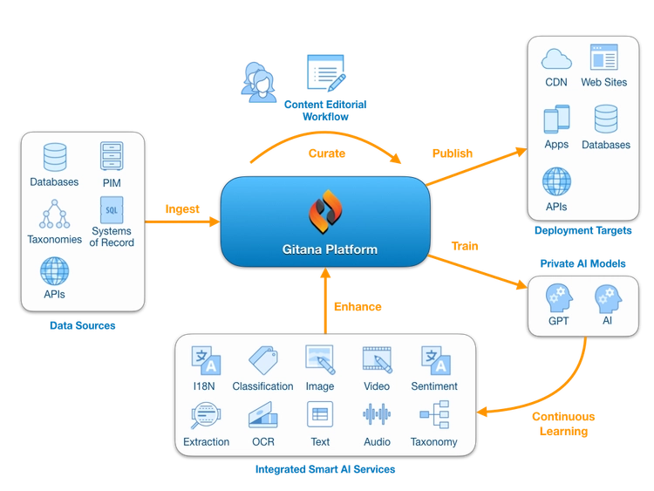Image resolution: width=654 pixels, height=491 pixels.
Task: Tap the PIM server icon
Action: (112, 157)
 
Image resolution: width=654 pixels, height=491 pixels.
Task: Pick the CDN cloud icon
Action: (555, 59)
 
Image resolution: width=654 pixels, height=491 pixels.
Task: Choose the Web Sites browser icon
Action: (603, 58)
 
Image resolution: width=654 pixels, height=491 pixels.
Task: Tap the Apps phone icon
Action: (555, 119)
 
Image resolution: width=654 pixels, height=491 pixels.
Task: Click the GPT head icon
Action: (559, 297)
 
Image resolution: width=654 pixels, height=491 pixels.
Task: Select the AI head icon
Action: (607, 297)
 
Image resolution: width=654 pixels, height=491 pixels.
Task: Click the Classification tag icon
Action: (262, 359)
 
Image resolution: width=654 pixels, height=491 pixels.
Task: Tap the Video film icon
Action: (377, 359)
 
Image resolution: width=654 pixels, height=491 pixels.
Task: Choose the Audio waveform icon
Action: (377, 414)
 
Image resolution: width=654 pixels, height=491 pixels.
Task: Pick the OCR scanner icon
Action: (262, 414)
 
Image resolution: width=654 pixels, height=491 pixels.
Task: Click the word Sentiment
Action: (434, 386)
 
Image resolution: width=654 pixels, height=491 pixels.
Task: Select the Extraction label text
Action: (207, 442)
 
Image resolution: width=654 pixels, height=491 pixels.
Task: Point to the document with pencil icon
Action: (324, 71)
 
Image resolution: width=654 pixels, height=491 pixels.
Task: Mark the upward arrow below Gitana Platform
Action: (325, 301)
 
